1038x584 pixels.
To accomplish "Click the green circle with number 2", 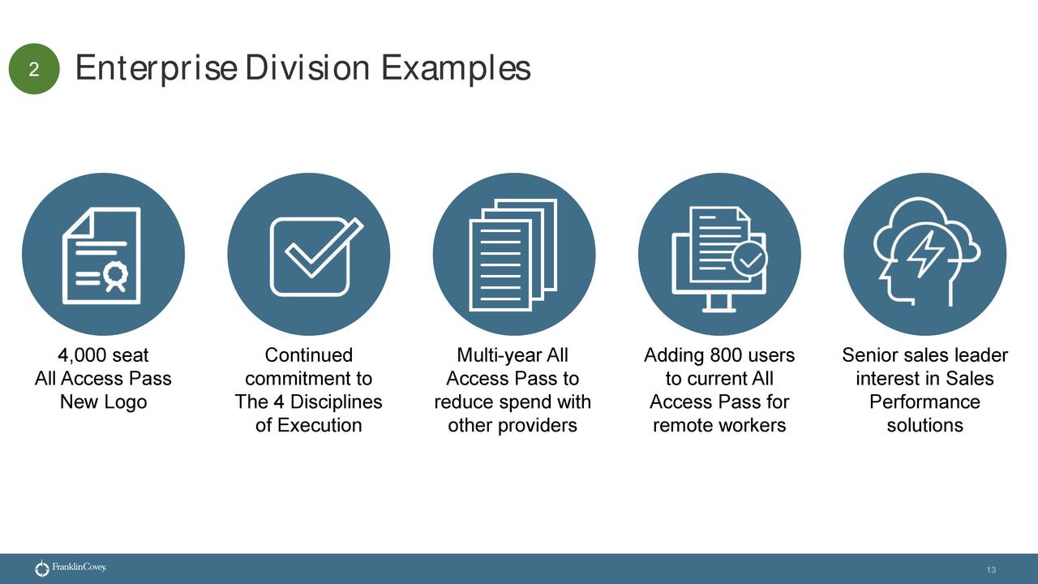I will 34,70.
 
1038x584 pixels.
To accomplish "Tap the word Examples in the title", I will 456,68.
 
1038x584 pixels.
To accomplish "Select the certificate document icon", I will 103,255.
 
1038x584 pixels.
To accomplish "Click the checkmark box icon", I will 309,255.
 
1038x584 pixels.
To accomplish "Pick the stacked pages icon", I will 514,255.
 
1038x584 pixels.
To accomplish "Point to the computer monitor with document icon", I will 719,255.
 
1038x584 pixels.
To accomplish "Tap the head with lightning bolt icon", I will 924,255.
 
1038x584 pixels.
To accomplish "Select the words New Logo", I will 103,402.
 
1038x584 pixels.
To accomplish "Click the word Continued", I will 309,355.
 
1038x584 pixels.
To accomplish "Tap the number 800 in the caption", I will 726,355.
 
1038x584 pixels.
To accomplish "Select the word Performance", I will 924,402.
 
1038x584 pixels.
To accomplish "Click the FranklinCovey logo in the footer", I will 71,569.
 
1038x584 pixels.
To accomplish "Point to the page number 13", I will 991,571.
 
